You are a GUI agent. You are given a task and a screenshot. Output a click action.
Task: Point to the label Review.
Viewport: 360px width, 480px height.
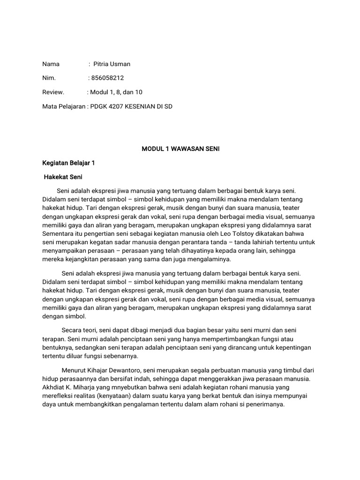coord(53,92)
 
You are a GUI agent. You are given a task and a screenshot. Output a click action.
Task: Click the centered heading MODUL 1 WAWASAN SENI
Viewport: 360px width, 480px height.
coord(180,149)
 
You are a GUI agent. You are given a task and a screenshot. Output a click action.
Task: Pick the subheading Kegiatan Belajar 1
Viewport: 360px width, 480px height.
coord(68,163)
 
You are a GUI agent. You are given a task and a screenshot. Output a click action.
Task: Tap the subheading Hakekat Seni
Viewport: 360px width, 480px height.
coord(63,177)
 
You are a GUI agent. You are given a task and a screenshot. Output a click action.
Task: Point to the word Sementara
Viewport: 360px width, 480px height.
coord(58,233)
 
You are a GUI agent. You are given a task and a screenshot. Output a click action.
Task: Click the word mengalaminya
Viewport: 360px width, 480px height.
coord(211,259)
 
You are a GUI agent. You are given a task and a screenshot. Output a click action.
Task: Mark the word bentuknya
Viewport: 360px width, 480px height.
coord(57,348)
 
